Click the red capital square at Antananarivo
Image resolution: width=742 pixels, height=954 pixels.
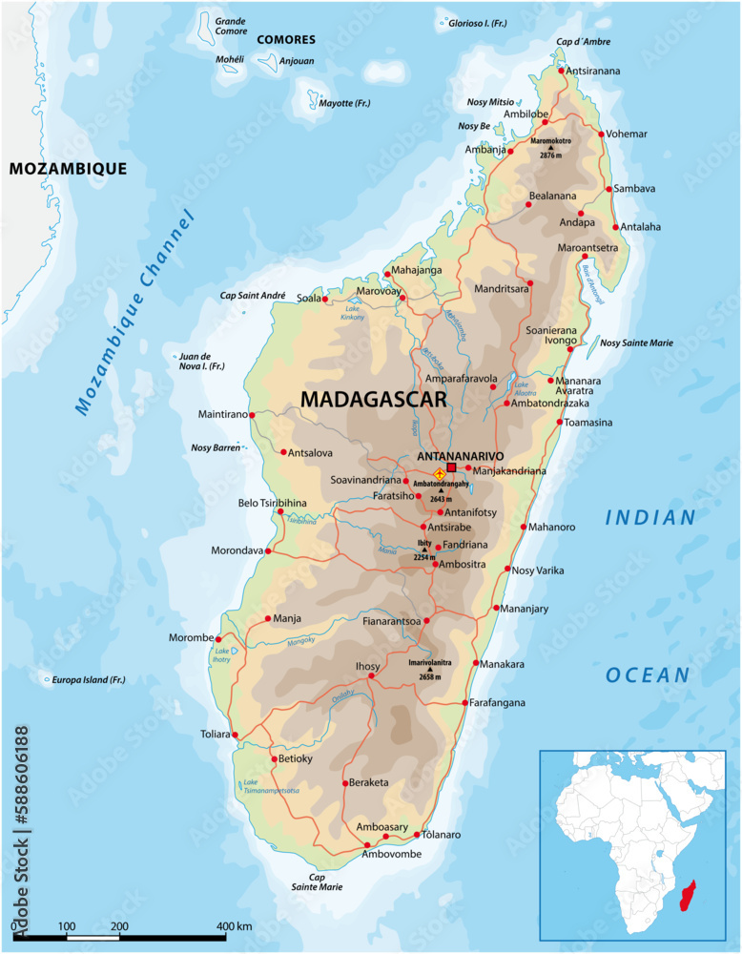tap(452, 467)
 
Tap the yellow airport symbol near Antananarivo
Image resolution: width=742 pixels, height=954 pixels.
tap(439, 474)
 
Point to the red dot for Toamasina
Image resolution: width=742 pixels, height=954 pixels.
tap(560, 422)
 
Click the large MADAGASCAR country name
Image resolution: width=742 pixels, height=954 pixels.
tap(374, 401)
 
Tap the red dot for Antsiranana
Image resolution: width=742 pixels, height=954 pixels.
tap(561, 71)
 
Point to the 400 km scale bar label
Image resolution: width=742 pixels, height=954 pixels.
tap(234, 926)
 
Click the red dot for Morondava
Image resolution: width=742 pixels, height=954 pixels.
tap(268, 550)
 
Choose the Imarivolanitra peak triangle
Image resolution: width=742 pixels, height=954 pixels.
tap(429, 670)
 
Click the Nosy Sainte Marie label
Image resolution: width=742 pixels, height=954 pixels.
tap(643, 342)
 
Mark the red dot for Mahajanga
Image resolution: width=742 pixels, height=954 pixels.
tap(386, 272)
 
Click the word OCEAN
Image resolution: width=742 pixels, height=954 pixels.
tap(648, 675)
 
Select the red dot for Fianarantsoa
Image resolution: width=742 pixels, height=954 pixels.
tap(426, 620)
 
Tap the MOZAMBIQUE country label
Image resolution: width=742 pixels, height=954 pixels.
tap(68, 169)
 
